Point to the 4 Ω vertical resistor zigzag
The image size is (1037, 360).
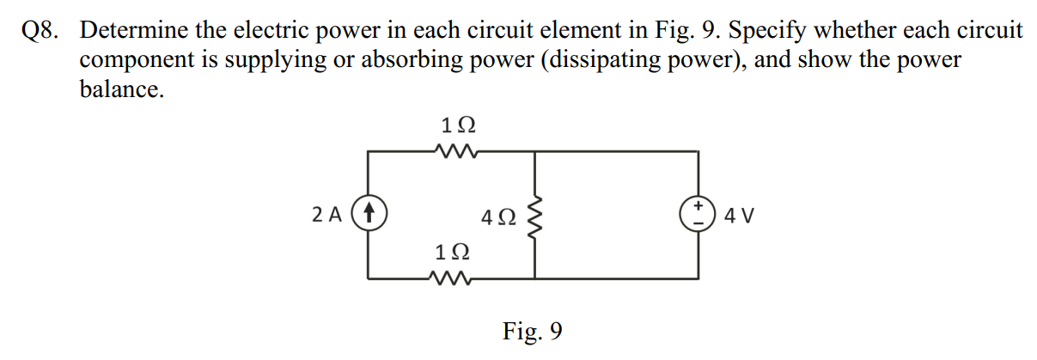(535, 217)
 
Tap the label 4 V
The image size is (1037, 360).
(740, 216)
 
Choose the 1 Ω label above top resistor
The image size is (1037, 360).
(457, 125)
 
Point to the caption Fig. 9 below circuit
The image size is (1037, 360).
(533, 331)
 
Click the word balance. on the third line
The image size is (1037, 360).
(121, 89)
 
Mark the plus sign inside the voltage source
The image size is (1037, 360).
(698, 207)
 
